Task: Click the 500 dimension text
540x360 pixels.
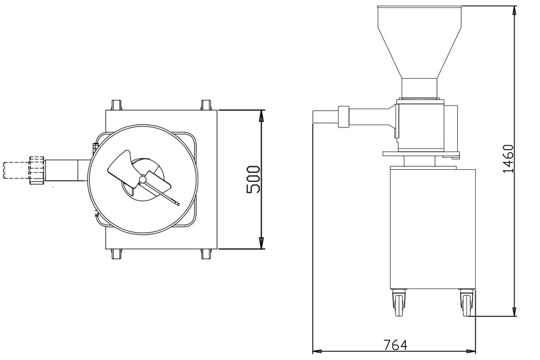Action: tap(253, 179)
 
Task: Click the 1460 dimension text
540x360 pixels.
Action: tap(508, 159)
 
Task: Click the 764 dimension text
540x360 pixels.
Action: tap(395, 345)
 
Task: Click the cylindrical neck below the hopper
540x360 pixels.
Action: tap(420, 88)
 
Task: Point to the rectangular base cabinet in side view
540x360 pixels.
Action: tap(432, 229)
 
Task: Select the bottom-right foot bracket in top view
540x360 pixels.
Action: tap(206, 254)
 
